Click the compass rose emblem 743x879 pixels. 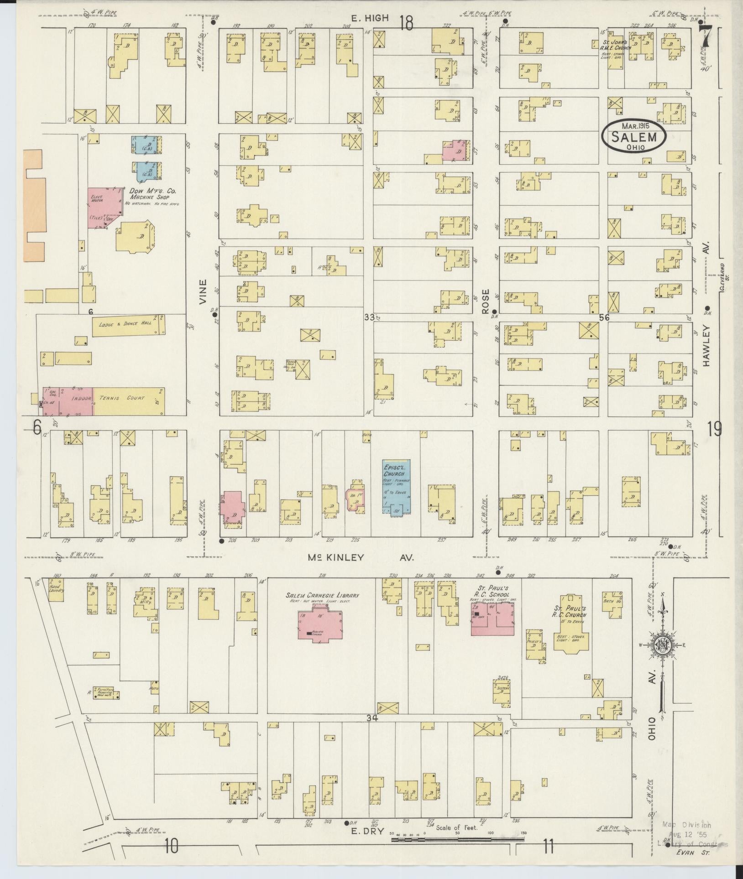661,644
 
